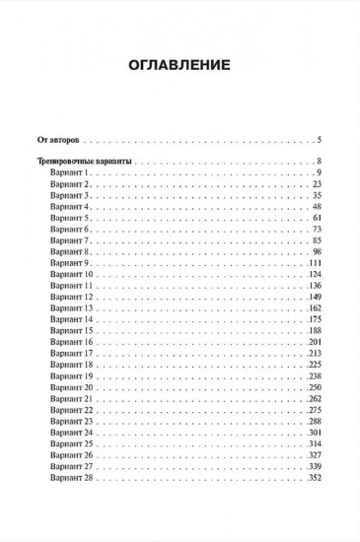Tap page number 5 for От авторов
[321, 139]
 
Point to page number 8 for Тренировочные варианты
[321, 161]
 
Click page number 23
[318, 184]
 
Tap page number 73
[318, 230]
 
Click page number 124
[316, 275]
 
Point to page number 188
[316, 332]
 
